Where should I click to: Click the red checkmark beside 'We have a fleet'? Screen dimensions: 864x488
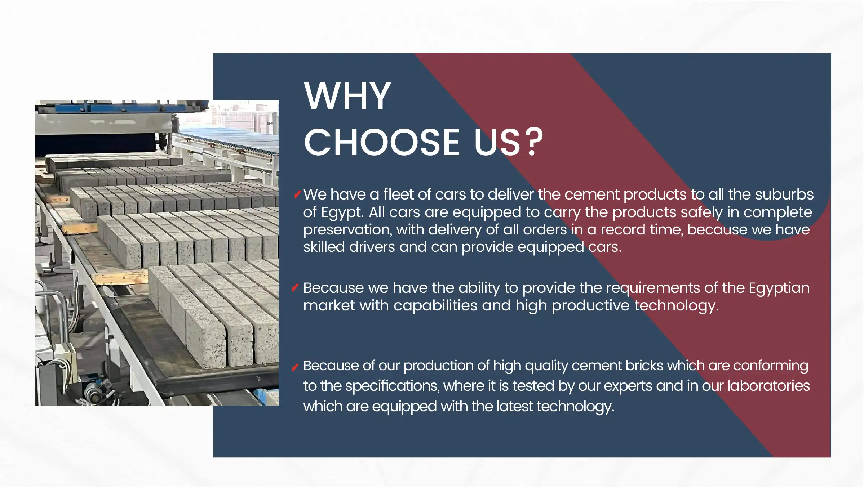[x=297, y=194]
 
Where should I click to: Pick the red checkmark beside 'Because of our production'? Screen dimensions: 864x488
[x=295, y=367]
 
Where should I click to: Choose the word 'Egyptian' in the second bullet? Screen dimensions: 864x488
[x=779, y=288]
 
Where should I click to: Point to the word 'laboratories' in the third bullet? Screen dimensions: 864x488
[x=768, y=386]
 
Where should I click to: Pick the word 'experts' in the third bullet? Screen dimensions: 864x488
[x=628, y=386]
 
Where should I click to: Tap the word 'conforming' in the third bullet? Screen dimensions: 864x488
[x=771, y=366]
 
